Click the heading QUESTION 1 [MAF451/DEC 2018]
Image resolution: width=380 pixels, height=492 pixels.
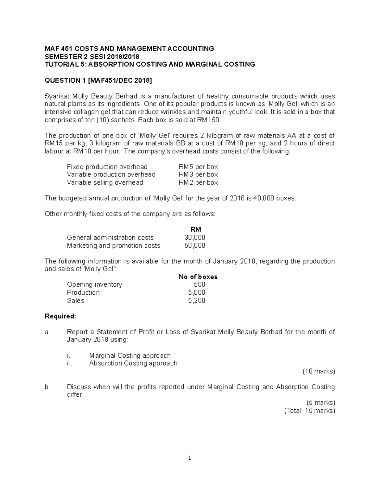(x=98, y=80)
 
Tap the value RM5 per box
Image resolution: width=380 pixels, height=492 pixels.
(x=198, y=167)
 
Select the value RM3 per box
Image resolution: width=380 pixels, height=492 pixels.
(x=198, y=175)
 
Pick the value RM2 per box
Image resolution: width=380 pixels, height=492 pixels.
(x=198, y=182)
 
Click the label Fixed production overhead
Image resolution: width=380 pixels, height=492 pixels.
(x=107, y=167)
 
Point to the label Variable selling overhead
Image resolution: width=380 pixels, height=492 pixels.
(x=105, y=182)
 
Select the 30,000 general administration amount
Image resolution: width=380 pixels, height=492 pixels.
(x=195, y=238)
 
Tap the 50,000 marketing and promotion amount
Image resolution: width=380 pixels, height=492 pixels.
(x=195, y=246)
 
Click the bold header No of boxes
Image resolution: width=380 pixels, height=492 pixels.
(x=198, y=277)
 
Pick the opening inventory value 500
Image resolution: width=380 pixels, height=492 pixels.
(x=199, y=284)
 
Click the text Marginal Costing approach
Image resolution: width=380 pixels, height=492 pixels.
(x=130, y=355)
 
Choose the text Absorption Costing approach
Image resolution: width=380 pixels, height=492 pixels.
(x=133, y=363)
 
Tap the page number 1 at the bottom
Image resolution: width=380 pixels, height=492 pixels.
(x=190, y=458)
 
